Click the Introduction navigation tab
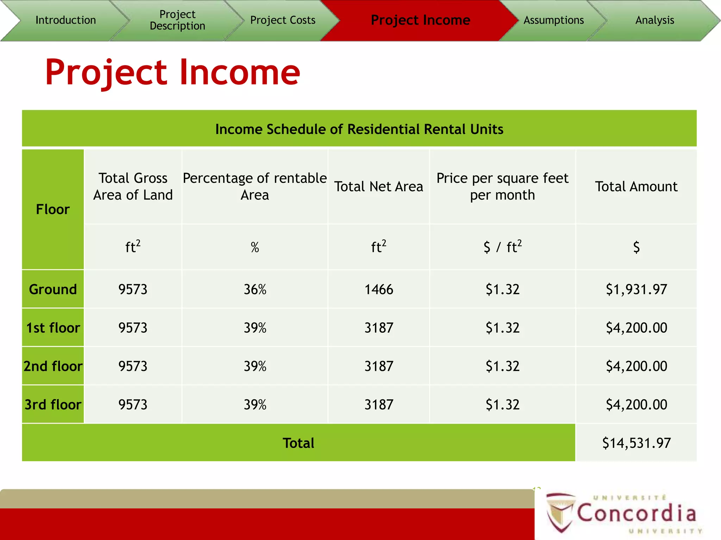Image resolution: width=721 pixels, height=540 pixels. (65, 20)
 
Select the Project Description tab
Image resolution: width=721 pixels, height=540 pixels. (177, 20)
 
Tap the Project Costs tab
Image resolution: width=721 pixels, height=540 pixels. (283, 20)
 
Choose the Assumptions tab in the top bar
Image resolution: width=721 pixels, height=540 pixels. (553, 20)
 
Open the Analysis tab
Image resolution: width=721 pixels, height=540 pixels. (654, 20)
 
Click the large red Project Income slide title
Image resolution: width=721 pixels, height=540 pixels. (173, 72)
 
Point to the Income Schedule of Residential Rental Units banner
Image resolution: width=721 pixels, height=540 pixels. (359, 129)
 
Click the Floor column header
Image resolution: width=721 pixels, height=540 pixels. (53, 210)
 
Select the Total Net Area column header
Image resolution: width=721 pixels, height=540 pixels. (378, 187)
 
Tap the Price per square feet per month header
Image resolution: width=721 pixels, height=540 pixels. (502, 187)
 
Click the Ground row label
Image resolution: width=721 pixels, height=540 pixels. (53, 289)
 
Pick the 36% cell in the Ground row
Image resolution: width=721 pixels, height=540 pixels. (255, 289)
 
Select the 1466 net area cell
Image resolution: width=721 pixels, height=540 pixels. (378, 289)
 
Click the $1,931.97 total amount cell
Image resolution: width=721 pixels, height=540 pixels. (636, 289)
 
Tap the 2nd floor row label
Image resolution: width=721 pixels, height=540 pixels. (53, 366)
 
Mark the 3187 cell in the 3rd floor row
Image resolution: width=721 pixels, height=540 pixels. (378, 405)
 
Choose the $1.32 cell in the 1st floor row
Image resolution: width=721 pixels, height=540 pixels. (502, 328)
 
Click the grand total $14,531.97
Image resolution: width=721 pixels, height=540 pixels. (636, 443)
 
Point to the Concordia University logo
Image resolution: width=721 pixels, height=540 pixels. (623, 513)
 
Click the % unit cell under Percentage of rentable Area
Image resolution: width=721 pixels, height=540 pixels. (255, 247)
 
